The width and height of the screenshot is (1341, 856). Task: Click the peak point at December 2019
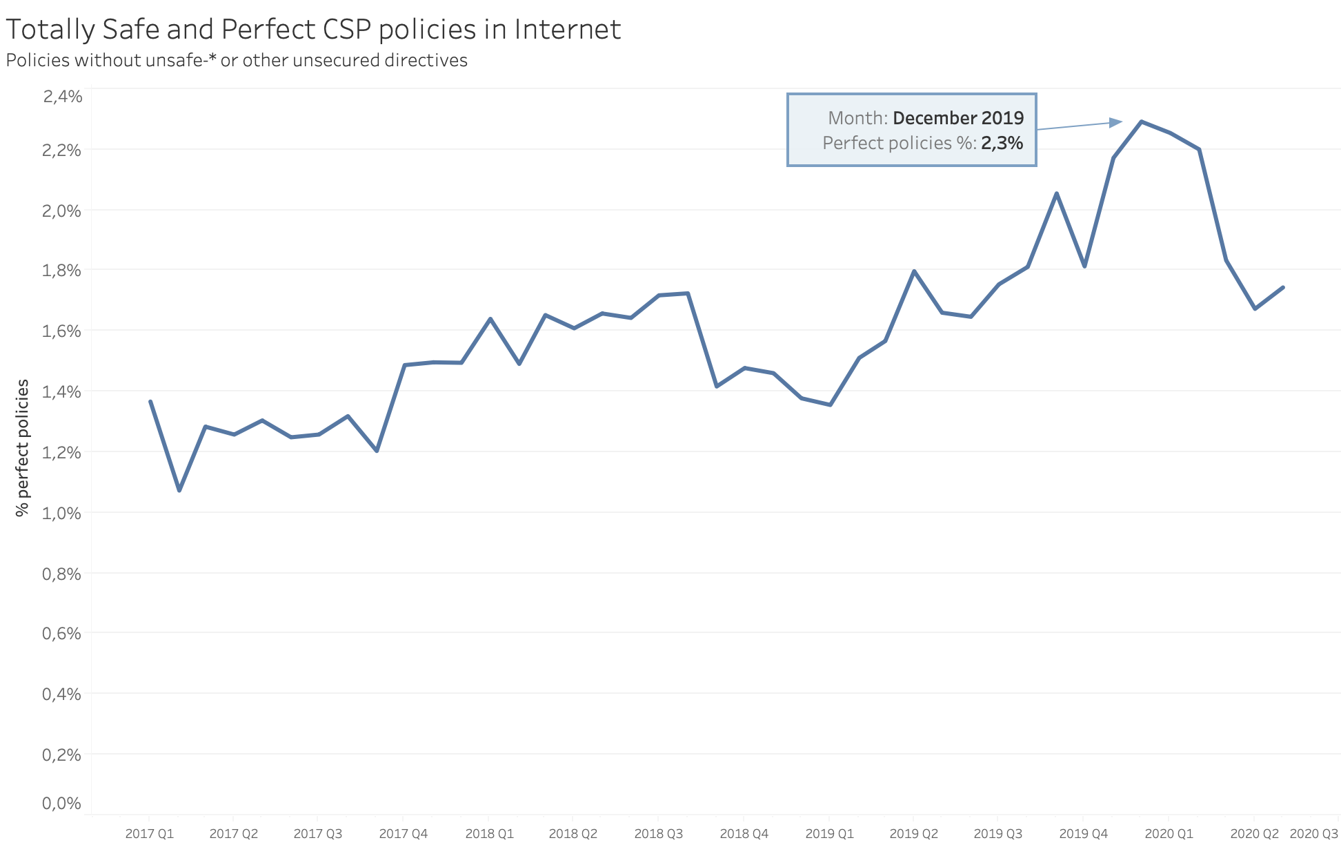[x=1142, y=121]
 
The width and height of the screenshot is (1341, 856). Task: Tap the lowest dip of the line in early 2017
[x=179, y=490]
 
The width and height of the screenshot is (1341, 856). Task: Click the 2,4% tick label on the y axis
[x=62, y=96]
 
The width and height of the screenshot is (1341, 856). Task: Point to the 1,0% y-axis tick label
[x=62, y=513]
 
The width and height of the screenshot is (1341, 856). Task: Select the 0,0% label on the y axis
[x=62, y=803]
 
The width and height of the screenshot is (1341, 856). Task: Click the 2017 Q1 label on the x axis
[x=150, y=834]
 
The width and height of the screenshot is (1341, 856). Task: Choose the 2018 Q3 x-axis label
[x=658, y=834]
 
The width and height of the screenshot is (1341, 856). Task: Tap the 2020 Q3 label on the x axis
[x=1313, y=834]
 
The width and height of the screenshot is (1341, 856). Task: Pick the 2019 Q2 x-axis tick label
[x=913, y=834]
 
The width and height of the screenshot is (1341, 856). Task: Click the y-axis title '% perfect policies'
[x=23, y=447]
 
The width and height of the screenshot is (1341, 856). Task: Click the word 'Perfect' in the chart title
[x=268, y=30]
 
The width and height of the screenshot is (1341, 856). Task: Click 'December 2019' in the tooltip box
[x=957, y=118]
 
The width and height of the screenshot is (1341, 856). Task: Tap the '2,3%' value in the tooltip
[x=1002, y=143]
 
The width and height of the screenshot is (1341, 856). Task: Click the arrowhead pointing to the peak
[x=1116, y=123]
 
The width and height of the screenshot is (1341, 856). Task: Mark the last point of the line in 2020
[x=1282, y=287]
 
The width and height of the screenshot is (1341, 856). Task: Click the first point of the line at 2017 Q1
[x=150, y=401]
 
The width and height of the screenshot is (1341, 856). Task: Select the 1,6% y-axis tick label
[x=62, y=331]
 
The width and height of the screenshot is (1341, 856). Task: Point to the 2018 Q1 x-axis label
[x=489, y=834]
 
